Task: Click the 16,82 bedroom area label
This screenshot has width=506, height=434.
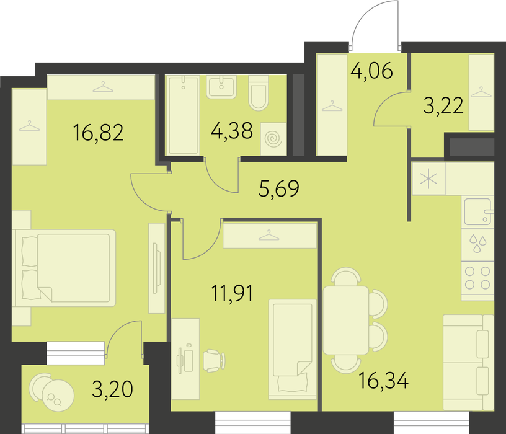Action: pyautogui.click(x=99, y=133)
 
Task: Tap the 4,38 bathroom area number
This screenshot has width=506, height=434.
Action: pyautogui.click(x=232, y=131)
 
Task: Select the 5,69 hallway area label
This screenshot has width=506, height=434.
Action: pyautogui.click(x=279, y=188)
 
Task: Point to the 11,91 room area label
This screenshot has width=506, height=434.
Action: pyautogui.click(x=232, y=293)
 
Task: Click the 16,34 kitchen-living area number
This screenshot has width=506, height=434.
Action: pyautogui.click(x=384, y=380)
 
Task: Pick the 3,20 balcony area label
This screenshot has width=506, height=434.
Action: pyautogui.click(x=112, y=389)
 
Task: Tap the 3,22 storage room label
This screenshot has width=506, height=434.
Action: pyautogui.click(x=443, y=106)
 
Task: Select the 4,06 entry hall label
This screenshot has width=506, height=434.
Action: pyautogui.click(x=372, y=71)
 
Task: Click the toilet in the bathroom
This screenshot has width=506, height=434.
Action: pyautogui.click(x=259, y=92)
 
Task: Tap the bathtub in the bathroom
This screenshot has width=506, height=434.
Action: pyautogui.click(x=183, y=115)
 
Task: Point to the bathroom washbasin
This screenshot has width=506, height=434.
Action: pyautogui.click(x=221, y=87)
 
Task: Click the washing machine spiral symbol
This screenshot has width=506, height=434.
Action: pyautogui.click(x=273, y=139)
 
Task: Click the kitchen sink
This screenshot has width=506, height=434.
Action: pyautogui.click(x=478, y=211)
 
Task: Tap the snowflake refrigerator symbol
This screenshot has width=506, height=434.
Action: pyautogui.click(x=428, y=179)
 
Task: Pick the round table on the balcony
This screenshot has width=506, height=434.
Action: pyautogui.click(x=58, y=396)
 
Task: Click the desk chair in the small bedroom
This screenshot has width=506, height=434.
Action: pyautogui.click(x=214, y=361)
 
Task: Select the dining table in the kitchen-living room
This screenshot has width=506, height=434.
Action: pyautogui.click(x=346, y=320)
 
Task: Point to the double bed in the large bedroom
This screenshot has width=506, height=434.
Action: pyautogui.click(x=64, y=268)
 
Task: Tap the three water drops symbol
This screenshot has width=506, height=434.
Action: pyautogui.click(x=478, y=243)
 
